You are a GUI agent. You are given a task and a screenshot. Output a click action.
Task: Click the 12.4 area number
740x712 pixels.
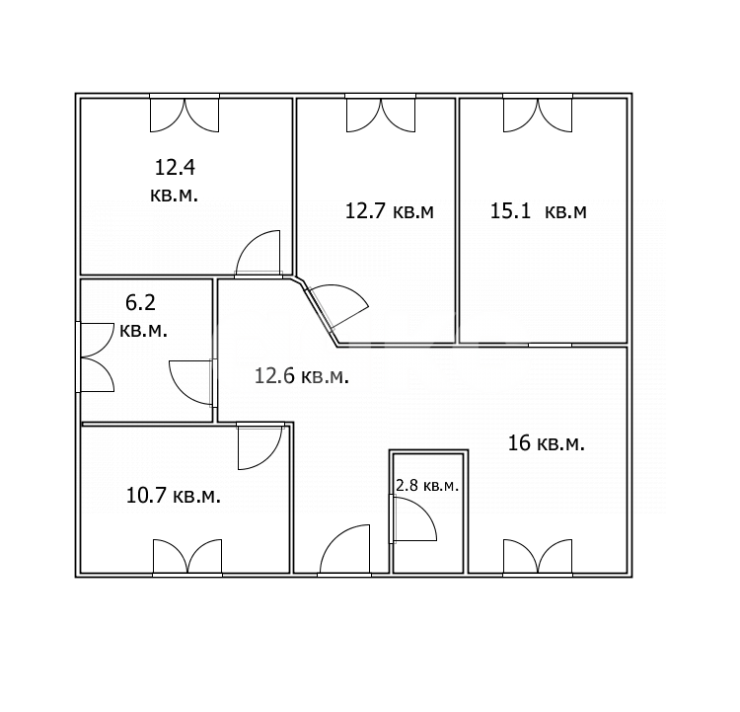pyautogui.click(x=175, y=167)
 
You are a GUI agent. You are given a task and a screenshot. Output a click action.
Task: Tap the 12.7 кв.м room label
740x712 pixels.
pyautogui.click(x=390, y=210)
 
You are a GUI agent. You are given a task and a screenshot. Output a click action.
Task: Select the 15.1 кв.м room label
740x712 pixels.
pyautogui.click(x=539, y=210)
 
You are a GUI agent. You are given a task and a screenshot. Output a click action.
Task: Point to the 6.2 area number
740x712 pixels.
pyautogui.click(x=140, y=302)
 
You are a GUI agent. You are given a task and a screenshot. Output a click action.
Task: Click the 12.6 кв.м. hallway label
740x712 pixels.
pyautogui.click(x=302, y=376)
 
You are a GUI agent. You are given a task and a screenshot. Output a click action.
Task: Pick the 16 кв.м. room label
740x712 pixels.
pyautogui.click(x=546, y=443)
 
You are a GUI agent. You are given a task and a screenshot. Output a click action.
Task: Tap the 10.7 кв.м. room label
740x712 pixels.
pyautogui.click(x=174, y=496)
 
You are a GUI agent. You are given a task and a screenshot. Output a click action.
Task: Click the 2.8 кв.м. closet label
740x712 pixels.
pyautogui.click(x=426, y=485)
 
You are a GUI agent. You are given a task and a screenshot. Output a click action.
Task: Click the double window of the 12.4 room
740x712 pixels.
pyautogui.click(x=185, y=114)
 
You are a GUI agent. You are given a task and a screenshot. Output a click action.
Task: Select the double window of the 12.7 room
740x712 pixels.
pyautogui.click(x=381, y=114)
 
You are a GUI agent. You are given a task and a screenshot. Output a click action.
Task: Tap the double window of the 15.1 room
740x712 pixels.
pyautogui.click(x=538, y=114)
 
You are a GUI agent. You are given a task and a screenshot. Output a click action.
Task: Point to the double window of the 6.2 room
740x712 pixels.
pyautogui.click(x=96, y=357)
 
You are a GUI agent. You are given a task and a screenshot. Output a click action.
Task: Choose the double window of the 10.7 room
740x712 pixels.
pyautogui.click(x=187, y=558)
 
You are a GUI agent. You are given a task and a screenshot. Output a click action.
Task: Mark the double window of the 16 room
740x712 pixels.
pyautogui.click(x=538, y=558)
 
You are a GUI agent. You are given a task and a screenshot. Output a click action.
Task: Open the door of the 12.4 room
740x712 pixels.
pyautogui.click(x=259, y=252)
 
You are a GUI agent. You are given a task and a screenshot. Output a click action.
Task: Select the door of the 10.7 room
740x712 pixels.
pyautogui.click(x=260, y=446)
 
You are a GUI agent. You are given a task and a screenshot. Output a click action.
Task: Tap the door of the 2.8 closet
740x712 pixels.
pyautogui.click(x=413, y=518)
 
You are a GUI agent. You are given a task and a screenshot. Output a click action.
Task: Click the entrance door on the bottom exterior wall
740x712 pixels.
pyautogui.click(x=344, y=550)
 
